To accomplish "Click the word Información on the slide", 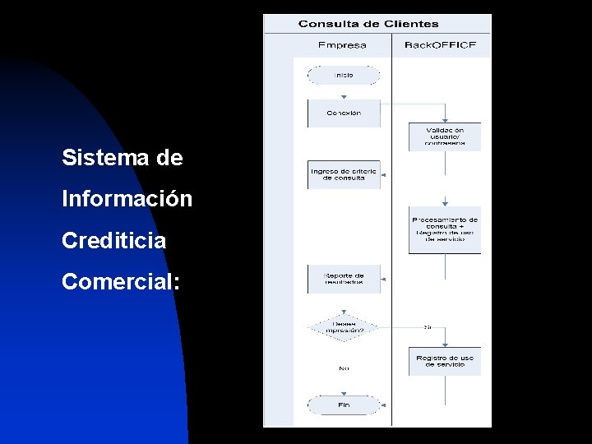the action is click(127, 200).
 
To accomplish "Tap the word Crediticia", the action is click(114, 242).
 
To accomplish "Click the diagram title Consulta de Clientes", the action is click(368, 25).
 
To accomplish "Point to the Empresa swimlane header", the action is click(342, 44).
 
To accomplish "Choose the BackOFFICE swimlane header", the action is click(440, 44).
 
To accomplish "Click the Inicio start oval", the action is click(344, 75).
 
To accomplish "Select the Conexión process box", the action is click(344, 113).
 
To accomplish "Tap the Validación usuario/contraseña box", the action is click(445, 136).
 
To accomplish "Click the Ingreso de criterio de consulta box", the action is click(344, 174).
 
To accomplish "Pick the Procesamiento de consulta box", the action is click(445, 229).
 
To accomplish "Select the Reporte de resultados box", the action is click(344, 279).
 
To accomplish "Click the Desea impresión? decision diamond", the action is click(344, 328).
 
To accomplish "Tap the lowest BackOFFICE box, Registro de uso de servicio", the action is click(445, 361).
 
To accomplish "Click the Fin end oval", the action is click(344, 405).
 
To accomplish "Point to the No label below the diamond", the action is click(344, 368).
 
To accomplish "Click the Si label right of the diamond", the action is click(427, 327).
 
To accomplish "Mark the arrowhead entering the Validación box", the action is click(445, 120).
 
